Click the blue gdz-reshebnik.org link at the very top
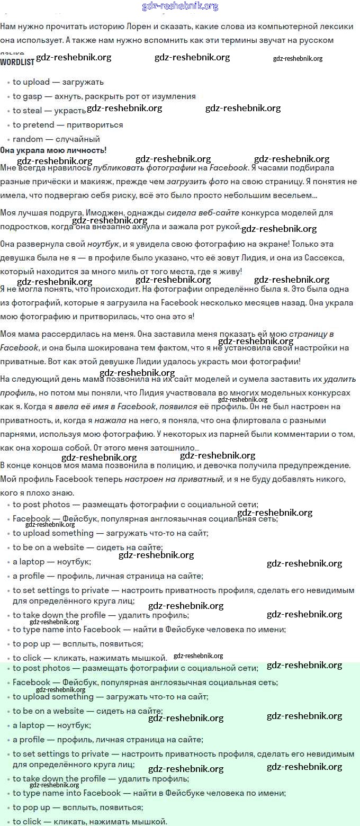pyautogui.click(x=180, y=6)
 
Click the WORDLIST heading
pyautogui.click(x=17, y=62)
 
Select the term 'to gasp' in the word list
pyautogui.click(x=28, y=96)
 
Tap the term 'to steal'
pyautogui.click(x=28, y=111)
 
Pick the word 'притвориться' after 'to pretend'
pyautogui.click(x=95, y=125)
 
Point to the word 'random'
pyautogui.click(x=28, y=139)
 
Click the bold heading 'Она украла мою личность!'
pyautogui.click(x=53, y=150)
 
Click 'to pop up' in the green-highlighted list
pyautogui.click(x=31, y=807)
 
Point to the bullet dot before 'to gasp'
pyautogui.click(x=8, y=97)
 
